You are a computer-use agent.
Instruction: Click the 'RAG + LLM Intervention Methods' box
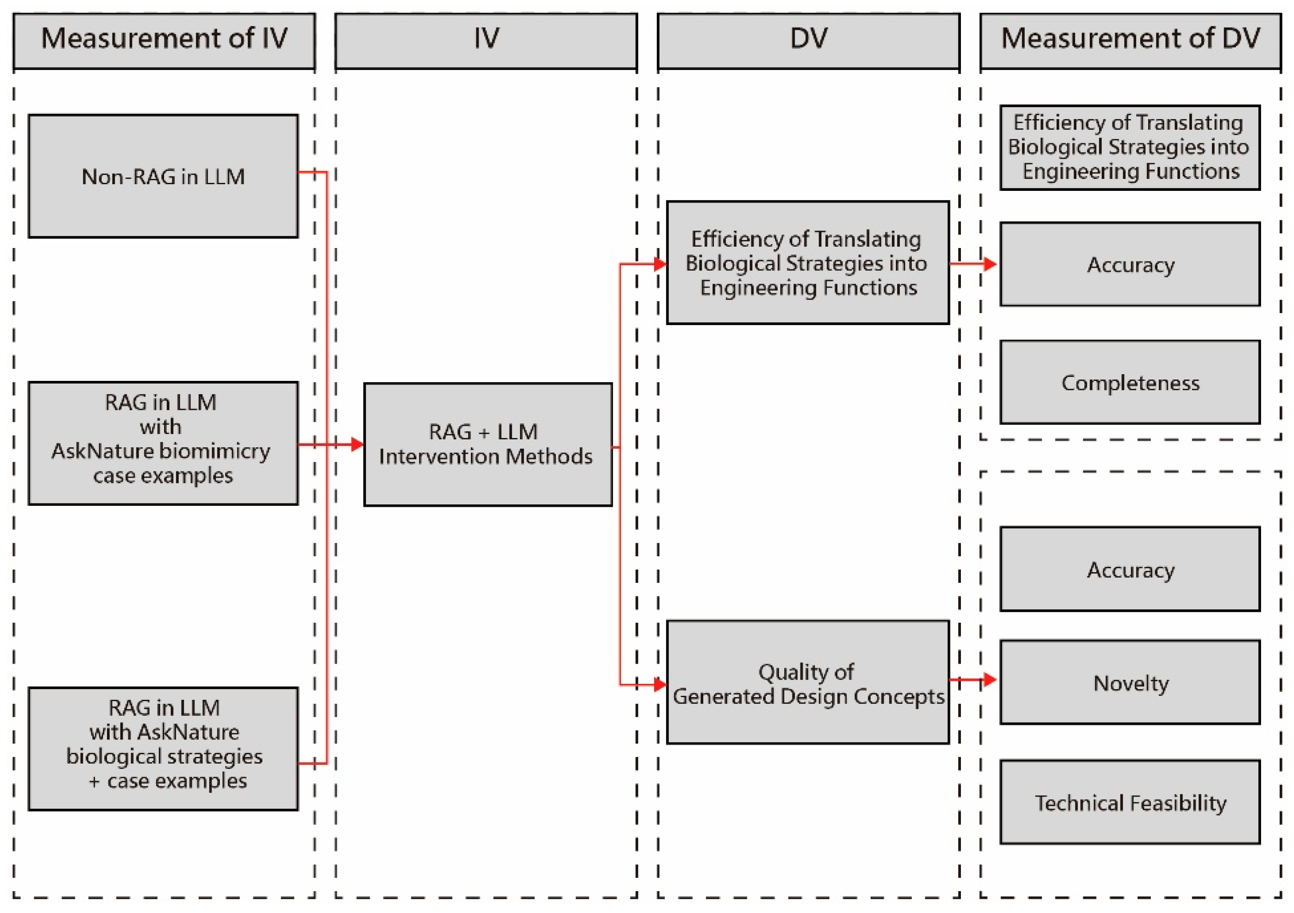coord(487,445)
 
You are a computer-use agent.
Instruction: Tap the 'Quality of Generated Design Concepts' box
coord(808,682)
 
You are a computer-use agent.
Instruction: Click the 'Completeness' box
coord(1130,383)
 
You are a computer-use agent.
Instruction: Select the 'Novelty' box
coord(1130,682)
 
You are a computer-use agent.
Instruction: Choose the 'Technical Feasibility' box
coord(1130,802)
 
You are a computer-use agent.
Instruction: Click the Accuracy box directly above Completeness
coord(1130,264)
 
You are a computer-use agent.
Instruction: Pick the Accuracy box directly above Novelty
coord(1130,569)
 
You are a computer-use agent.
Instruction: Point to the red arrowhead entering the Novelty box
coord(989,680)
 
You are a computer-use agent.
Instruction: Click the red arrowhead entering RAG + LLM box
coord(357,445)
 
